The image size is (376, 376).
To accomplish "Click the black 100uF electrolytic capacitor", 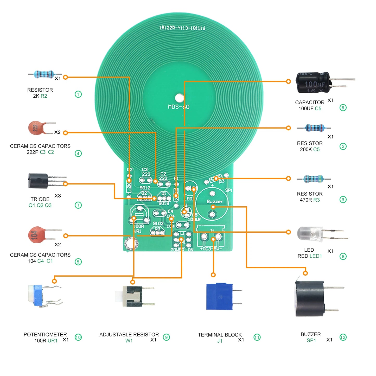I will click(x=314, y=83).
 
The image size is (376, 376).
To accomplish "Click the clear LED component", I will click(x=310, y=234).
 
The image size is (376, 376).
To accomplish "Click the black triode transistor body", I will click(x=38, y=181).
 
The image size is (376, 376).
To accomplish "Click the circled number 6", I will click(x=343, y=108).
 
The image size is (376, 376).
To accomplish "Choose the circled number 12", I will click(x=343, y=337).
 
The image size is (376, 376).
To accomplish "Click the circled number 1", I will click(x=78, y=94).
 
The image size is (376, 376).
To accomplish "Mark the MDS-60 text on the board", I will click(x=179, y=107).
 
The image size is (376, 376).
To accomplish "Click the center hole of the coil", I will click(x=179, y=98).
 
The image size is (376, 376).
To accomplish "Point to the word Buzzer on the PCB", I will click(x=215, y=202).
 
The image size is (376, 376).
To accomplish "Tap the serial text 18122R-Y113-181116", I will click(x=182, y=28).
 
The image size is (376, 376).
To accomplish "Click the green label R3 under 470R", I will click(x=316, y=200).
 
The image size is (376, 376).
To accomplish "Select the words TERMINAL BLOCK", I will click(x=220, y=335).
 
